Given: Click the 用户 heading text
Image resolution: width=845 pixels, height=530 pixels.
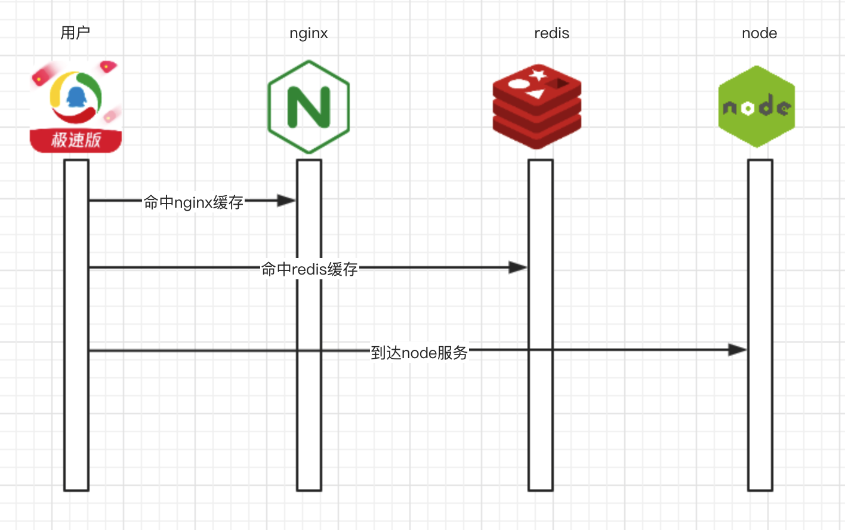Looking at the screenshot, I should [x=75, y=33].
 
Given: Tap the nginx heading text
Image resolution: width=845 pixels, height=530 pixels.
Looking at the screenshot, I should [x=309, y=33].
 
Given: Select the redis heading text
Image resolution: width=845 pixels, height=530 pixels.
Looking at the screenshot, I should [x=551, y=33].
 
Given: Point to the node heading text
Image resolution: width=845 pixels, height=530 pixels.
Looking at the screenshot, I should [x=759, y=33].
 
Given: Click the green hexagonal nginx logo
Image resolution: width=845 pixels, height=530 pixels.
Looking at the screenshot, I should [x=309, y=107].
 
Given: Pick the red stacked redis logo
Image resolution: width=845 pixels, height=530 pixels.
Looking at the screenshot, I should [x=536, y=107].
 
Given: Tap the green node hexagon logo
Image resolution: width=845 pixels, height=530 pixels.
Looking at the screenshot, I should [x=757, y=107].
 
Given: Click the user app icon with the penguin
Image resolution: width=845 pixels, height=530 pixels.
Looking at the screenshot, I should [x=76, y=106].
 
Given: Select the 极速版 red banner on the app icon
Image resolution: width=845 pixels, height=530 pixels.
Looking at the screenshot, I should [x=76, y=140].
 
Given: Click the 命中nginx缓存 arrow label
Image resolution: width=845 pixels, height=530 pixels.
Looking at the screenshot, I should [x=193, y=202].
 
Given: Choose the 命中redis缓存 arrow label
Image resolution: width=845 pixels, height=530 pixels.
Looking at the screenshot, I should [x=309, y=269].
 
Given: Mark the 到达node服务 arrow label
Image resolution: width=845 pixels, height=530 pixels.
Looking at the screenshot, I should [x=419, y=353].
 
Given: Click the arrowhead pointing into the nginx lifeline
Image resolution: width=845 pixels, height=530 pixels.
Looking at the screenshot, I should [x=287, y=201].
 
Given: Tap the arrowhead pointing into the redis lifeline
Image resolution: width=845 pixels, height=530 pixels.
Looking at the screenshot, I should [x=518, y=267].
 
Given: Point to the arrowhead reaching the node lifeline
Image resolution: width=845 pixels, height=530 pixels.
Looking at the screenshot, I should [x=738, y=350].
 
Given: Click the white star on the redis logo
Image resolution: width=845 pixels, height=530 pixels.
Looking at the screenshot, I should [x=538, y=75].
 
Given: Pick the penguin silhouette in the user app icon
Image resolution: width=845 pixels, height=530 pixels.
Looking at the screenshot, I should [x=76, y=95].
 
